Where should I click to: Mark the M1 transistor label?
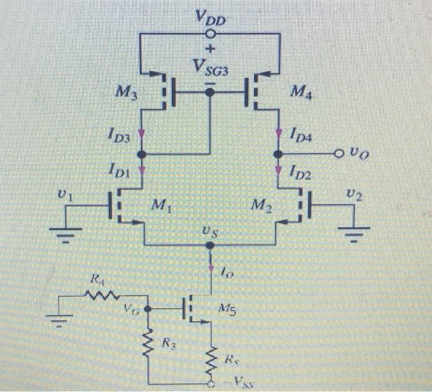160,205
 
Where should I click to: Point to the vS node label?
210,231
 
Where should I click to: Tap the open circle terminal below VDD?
210,34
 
